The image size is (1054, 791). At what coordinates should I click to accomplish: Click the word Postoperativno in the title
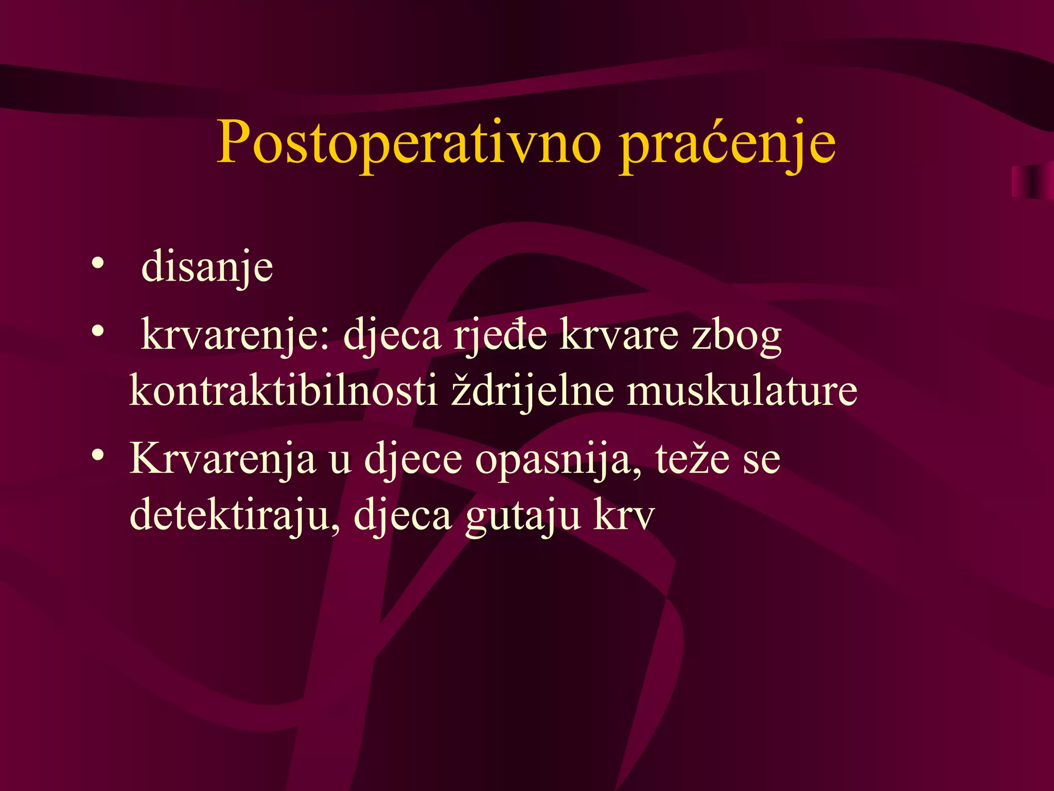point(409,143)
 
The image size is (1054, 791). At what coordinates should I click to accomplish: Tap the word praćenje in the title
point(727,144)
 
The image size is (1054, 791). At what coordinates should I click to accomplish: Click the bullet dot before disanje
point(97,264)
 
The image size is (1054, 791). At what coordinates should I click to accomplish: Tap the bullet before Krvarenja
point(97,454)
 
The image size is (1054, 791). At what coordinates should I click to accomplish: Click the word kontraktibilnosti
point(283,391)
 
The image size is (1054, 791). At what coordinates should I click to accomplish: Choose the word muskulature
point(742,391)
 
